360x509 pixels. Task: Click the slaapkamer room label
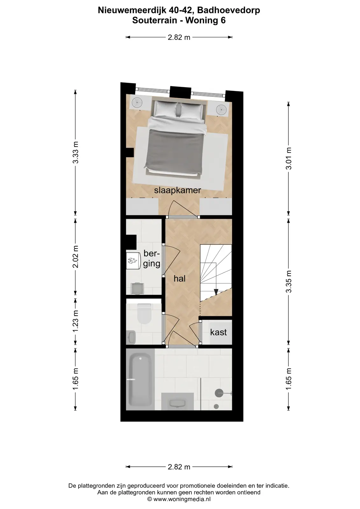[x=177, y=191]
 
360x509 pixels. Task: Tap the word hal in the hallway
[x=180, y=278]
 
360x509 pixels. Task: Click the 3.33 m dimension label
[x=75, y=152]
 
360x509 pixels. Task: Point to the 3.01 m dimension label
[x=289, y=158]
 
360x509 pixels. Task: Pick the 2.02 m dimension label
[x=75, y=256]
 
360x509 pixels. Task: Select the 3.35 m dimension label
[x=289, y=282]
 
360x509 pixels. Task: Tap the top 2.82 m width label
[x=179, y=38]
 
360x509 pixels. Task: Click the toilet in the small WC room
[x=144, y=314]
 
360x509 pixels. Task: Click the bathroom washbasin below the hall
[x=177, y=403]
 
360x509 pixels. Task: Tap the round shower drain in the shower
[x=216, y=406]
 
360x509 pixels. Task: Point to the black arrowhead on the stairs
[x=216, y=291]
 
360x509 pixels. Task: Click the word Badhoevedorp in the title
[x=229, y=10]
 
